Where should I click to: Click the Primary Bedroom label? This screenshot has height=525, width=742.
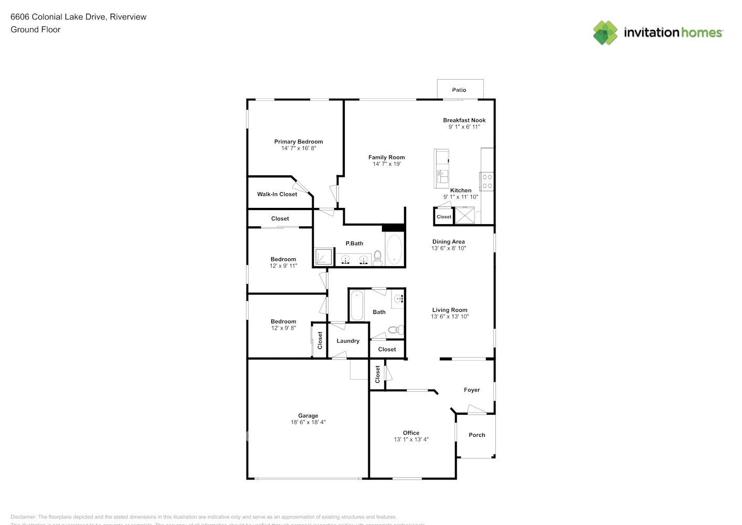click(x=298, y=142)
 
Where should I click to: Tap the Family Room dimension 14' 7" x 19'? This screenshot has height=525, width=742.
click(x=386, y=164)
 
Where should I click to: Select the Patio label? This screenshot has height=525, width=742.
click(x=459, y=90)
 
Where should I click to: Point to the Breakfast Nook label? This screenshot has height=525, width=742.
click(x=464, y=120)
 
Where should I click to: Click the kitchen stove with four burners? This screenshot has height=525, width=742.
click(x=487, y=182)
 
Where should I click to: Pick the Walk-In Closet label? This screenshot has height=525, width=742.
click(x=277, y=194)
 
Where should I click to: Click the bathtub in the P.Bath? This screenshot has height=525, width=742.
click(x=394, y=249)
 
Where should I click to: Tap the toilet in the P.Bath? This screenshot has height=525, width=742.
click(x=377, y=258)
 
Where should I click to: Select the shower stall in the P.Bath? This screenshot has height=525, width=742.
click(x=324, y=257)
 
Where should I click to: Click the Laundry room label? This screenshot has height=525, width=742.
click(x=348, y=341)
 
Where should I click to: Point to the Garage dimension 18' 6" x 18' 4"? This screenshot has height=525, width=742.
click(x=308, y=422)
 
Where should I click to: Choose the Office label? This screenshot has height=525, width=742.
click(x=411, y=433)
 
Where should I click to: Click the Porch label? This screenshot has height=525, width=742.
click(x=476, y=435)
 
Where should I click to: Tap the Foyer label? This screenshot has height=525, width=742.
click(x=471, y=390)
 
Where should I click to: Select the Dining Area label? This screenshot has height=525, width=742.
click(x=448, y=242)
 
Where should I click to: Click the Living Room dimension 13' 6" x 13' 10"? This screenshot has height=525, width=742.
click(x=450, y=317)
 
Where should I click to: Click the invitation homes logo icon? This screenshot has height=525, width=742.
click(x=605, y=33)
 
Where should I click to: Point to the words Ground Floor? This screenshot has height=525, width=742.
click(x=36, y=29)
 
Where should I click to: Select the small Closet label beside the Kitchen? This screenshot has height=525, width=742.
click(x=443, y=217)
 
